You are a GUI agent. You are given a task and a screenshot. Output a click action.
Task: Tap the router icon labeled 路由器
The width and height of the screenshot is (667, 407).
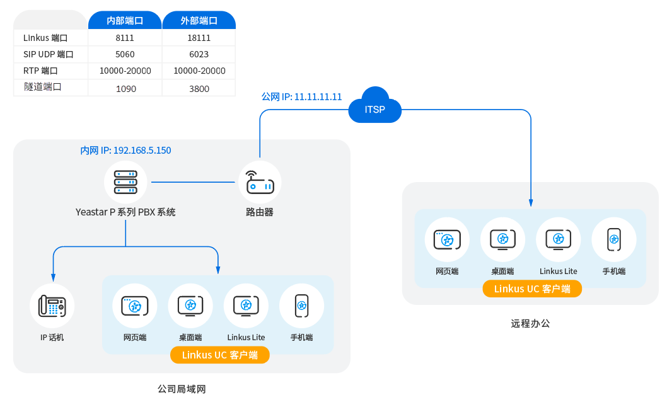click(259, 183)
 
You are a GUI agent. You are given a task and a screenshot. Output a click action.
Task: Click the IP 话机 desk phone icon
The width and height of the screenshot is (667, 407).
click(52, 306)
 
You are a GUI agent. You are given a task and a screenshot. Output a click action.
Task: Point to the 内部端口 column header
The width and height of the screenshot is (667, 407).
click(125, 21)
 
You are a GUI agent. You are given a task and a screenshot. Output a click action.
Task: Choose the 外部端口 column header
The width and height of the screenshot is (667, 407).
click(199, 21)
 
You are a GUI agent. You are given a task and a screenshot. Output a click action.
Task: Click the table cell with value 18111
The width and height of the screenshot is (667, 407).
click(199, 38)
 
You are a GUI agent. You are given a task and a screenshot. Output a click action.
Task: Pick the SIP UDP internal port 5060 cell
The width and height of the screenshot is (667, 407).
click(125, 54)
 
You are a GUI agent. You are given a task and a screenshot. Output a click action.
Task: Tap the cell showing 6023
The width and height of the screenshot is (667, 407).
click(199, 54)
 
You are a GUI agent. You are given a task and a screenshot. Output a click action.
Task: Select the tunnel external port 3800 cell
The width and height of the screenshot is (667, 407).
click(199, 89)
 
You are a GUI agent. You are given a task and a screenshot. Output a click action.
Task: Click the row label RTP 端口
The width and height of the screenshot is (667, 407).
click(40, 71)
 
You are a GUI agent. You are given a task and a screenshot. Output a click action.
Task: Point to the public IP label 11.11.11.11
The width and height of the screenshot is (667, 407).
click(301, 97)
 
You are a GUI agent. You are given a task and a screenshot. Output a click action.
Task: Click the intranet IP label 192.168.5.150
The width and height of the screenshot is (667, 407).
click(125, 151)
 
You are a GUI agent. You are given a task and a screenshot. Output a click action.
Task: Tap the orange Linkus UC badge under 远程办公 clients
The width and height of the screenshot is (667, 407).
click(532, 289)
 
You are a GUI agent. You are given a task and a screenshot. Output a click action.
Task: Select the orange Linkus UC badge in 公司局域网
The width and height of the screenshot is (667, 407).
click(219, 355)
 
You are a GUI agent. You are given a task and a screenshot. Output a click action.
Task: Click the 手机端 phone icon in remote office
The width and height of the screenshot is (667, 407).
click(614, 239)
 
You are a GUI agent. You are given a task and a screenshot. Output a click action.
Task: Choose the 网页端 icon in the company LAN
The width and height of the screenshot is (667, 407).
click(134, 306)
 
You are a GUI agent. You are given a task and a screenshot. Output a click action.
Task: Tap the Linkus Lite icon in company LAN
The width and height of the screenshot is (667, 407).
click(246, 306)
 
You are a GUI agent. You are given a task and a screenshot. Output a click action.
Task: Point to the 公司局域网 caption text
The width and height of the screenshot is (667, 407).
click(182, 389)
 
